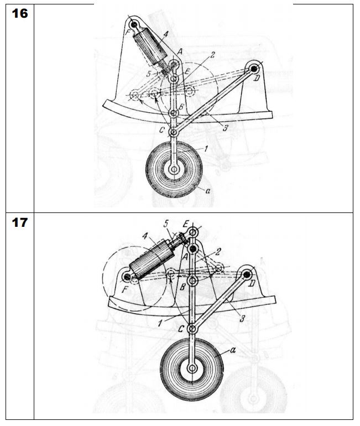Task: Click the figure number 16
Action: [x=20, y=13]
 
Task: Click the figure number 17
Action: [x=20, y=222]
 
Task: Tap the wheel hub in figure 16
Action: [x=174, y=169]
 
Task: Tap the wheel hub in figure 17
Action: [x=192, y=368]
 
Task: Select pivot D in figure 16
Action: [x=254, y=69]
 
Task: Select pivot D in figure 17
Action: [x=247, y=274]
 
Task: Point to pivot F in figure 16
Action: [x=134, y=25]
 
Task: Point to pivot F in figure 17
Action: [x=127, y=277]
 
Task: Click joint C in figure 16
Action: [x=174, y=132]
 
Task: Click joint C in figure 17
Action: [x=192, y=329]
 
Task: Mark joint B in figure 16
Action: [x=174, y=113]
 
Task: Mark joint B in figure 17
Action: [x=192, y=281]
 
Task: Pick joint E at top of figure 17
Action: [x=193, y=232]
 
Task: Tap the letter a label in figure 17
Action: [x=233, y=350]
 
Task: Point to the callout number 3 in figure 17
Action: [x=242, y=319]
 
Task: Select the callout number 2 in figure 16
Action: [x=212, y=55]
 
